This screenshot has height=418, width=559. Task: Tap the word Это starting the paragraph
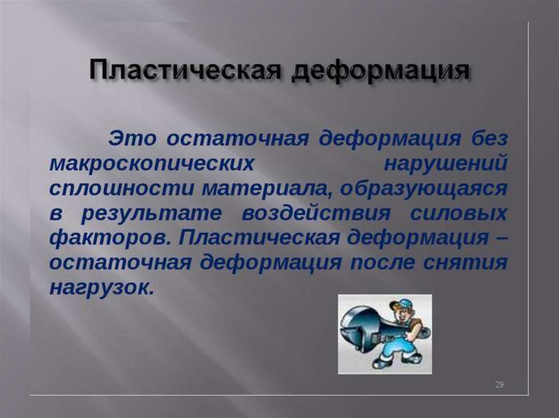click(x=132, y=138)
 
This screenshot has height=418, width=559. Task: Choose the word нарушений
click(x=446, y=165)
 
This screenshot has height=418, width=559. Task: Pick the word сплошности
click(x=122, y=189)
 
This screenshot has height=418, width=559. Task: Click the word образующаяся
click(x=423, y=189)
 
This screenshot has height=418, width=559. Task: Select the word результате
click(x=152, y=214)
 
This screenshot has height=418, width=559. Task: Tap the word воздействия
click(x=316, y=214)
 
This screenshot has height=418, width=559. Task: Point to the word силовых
click(x=459, y=213)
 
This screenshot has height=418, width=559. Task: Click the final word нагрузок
click(x=101, y=288)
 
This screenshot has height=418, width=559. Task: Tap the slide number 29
click(x=499, y=385)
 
